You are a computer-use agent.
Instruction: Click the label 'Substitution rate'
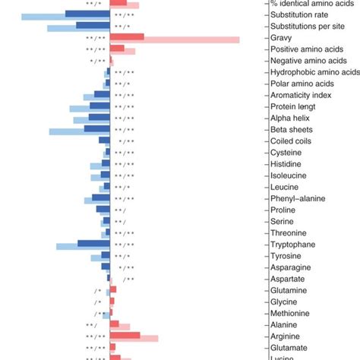tap(299, 14)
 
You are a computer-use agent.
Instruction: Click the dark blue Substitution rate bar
tap(87, 14)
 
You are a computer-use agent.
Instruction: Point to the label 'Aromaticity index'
tap(301, 95)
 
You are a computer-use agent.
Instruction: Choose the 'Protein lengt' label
tap(293, 106)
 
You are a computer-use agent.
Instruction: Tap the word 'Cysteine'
tap(287, 153)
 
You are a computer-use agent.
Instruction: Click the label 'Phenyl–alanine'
tap(298, 198)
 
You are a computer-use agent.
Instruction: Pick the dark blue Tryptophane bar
tap(93, 243)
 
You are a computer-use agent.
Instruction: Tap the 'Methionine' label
tap(290, 313)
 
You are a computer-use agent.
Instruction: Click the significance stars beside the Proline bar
tap(121, 210)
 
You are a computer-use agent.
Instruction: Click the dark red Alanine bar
tap(114, 324)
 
